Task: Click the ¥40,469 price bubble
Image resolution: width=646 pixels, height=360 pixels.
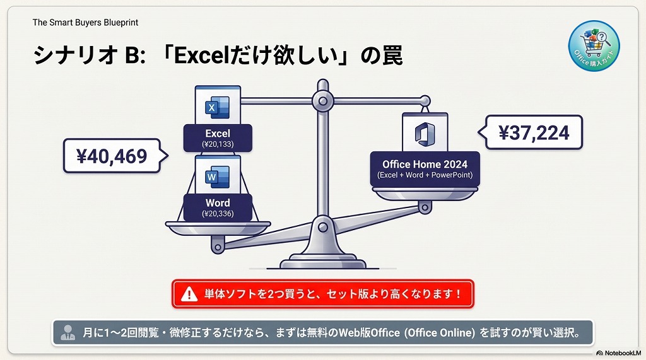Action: [x=112, y=156]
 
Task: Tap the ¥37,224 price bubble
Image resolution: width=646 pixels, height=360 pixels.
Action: [x=534, y=132]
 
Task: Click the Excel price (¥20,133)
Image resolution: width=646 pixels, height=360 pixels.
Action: [x=218, y=144]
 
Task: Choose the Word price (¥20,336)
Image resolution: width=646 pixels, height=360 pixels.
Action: [x=218, y=214]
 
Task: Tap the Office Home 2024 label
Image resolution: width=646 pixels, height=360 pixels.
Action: [x=425, y=164]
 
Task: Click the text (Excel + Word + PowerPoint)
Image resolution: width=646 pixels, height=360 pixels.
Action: [x=425, y=175]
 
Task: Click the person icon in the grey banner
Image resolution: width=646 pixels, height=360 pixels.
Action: [x=67, y=332]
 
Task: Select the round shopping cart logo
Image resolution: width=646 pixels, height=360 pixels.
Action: [x=593, y=45]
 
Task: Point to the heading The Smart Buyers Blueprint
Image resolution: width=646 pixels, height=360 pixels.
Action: [x=85, y=23]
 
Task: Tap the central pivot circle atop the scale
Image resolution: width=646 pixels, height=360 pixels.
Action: [x=323, y=100]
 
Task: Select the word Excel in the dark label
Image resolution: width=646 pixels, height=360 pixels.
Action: [x=218, y=134]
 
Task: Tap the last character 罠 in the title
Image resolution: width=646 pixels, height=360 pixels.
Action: [x=390, y=55]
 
